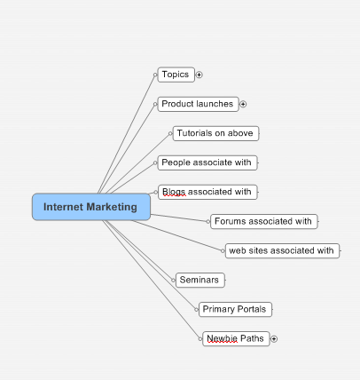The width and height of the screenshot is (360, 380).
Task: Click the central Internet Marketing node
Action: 91,207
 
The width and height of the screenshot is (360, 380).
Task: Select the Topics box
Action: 176,75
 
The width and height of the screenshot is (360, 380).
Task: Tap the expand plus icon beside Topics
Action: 200,75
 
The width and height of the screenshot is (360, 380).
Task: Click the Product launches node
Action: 198,104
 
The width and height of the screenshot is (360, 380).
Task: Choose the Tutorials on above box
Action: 215,133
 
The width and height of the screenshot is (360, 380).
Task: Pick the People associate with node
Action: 207,162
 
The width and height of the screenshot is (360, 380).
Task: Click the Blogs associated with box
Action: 207,192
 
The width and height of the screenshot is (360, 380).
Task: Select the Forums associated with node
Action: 264,221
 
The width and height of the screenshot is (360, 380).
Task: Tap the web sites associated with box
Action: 282,250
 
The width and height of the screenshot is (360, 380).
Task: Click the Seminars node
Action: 200,280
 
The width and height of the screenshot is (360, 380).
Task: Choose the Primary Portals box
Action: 235,309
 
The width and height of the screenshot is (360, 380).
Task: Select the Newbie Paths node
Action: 236,338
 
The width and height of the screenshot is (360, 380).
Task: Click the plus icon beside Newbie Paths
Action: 274,339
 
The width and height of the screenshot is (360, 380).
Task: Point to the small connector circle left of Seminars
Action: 173,281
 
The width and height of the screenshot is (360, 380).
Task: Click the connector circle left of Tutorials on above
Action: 170,134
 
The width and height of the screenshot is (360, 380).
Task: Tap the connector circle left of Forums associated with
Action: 208,222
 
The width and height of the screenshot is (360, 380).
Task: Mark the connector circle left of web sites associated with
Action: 223,251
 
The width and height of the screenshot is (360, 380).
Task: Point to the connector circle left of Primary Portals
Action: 197,310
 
